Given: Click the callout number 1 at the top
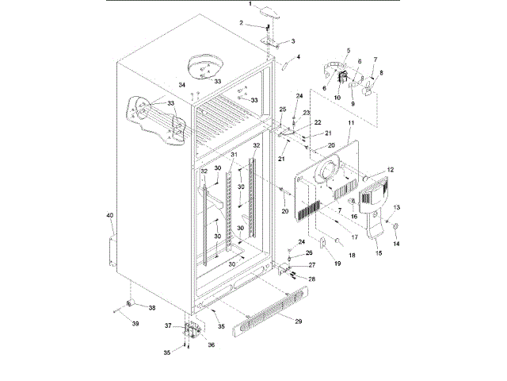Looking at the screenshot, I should [x=250, y=4].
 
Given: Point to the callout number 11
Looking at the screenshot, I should [x=349, y=125].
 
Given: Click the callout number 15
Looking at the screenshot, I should [x=379, y=252].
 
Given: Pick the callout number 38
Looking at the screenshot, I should [x=152, y=307].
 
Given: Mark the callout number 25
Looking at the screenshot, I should [x=283, y=109].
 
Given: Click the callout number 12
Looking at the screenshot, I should [x=390, y=169].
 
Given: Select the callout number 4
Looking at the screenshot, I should [x=299, y=57].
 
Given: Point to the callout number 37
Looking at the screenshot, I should [x=169, y=325].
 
